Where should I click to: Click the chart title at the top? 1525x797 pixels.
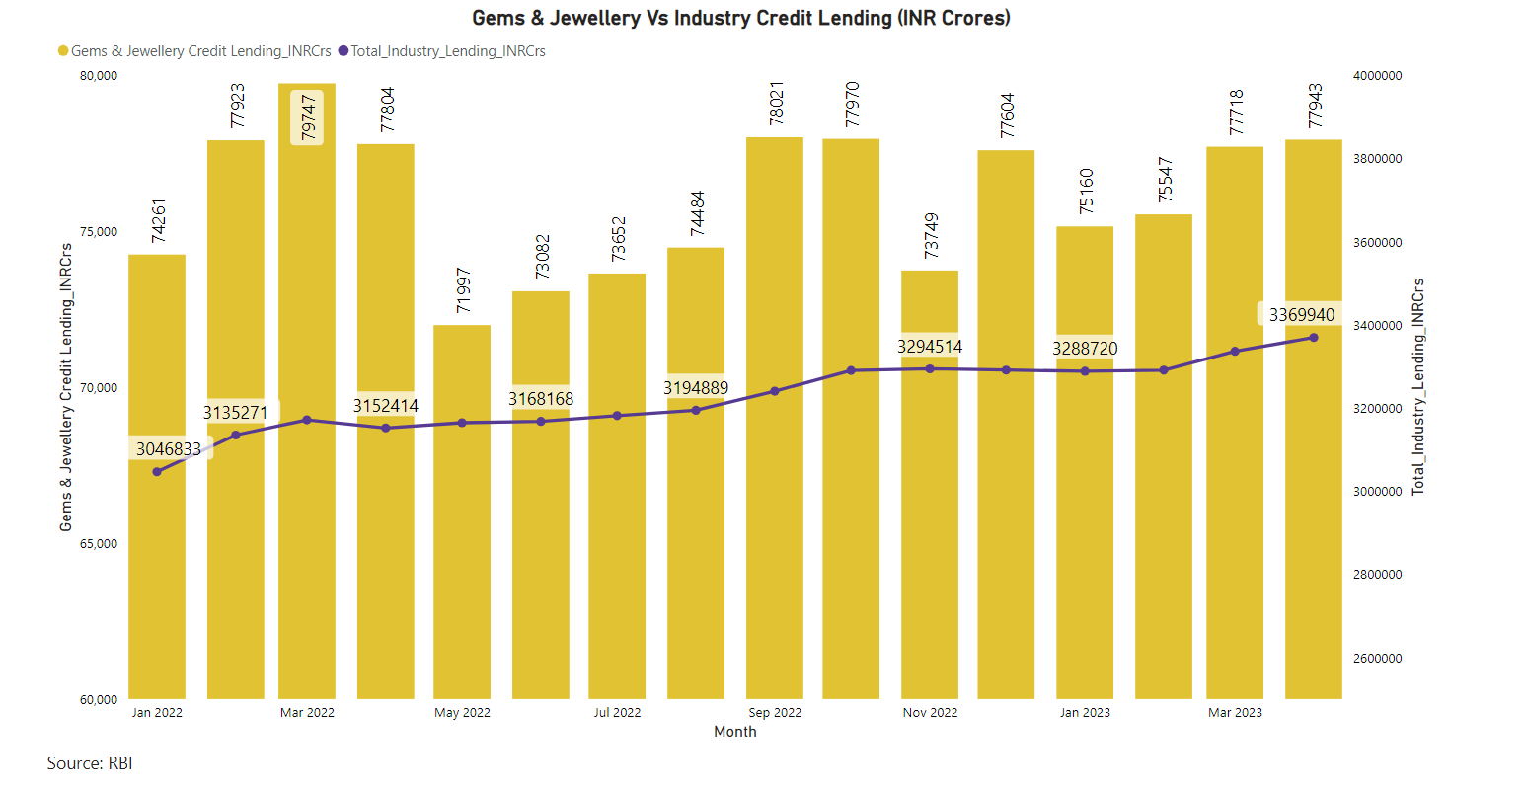(740, 18)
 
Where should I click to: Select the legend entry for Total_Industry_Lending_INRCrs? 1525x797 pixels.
(447, 51)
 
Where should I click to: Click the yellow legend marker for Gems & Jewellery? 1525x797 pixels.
(63, 51)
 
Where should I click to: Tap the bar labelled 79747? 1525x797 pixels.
(307, 395)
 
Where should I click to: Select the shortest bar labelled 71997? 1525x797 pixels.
(462, 514)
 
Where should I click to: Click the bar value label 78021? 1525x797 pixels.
(776, 102)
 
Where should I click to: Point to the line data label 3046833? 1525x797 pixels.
(169, 449)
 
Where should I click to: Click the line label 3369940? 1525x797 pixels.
(1301, 315)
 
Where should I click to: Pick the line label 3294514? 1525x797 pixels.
(929, 347)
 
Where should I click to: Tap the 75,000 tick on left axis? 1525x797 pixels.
(99, 232)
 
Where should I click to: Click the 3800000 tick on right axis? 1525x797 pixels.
(1377, 159)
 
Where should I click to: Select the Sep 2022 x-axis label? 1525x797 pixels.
(775, 713)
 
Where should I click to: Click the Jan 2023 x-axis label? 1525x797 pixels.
(1085, 713)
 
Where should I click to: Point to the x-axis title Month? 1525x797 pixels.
(735, 732)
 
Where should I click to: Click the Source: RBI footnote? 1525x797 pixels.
(90, 763)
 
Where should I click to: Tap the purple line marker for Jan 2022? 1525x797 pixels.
(157, 472)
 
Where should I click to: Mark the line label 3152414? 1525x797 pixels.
(386, 406)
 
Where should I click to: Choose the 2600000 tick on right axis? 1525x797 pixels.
(1377, 659)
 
